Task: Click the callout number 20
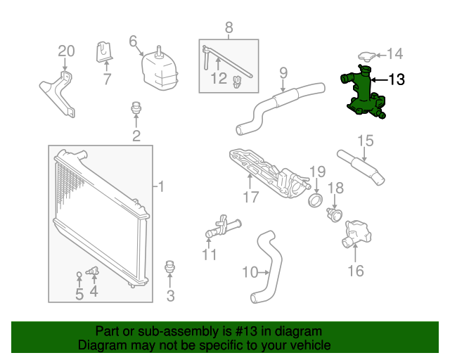pos(65,51)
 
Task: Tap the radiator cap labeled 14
pos(365,56)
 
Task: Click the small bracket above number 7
pos(104,51)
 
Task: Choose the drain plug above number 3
pos(169,267)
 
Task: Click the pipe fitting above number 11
pos(221,227)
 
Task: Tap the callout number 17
pos(251,198)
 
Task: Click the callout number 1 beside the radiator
pos(161,187)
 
